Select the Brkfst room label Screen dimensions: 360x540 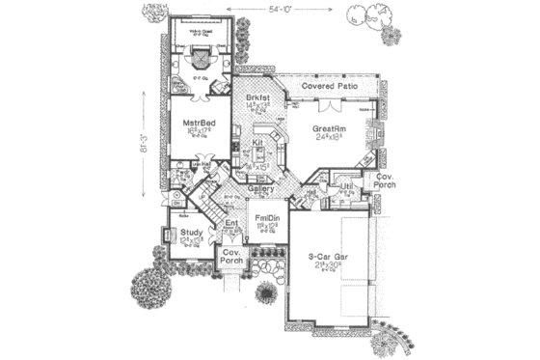[x=255, y=99]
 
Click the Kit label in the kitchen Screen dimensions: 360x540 [x=257, y=143]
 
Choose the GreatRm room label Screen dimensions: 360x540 [x=332, y=127]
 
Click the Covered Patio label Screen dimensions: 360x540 [x=330, y=87]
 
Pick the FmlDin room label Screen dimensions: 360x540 [x=268, y=219]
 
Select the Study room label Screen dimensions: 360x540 [x=191, y=234]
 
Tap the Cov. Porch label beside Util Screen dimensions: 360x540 [x=385, y=183]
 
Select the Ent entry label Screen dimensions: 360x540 [x=231, y=224]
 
